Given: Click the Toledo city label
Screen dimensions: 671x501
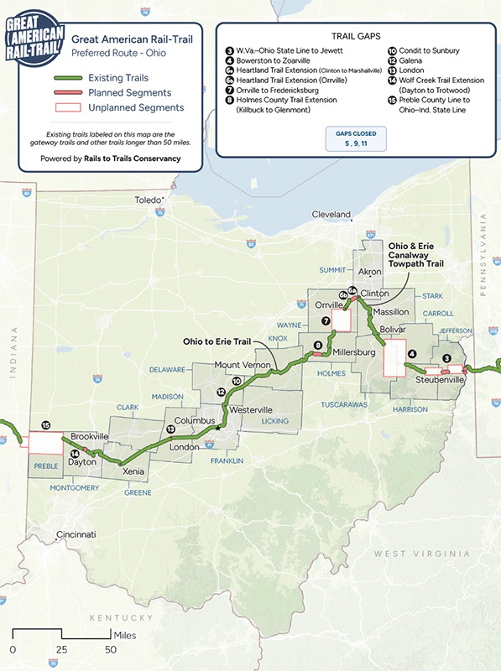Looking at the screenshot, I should [152, 201].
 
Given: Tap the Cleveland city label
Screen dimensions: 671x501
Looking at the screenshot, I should [331, 215].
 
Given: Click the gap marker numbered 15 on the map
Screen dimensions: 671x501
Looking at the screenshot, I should [46, 424].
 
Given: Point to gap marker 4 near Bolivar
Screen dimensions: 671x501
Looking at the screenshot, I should [412, 354].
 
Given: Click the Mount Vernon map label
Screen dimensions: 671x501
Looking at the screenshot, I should [243, 366].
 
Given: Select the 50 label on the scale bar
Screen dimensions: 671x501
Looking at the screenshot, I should [111, 649].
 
